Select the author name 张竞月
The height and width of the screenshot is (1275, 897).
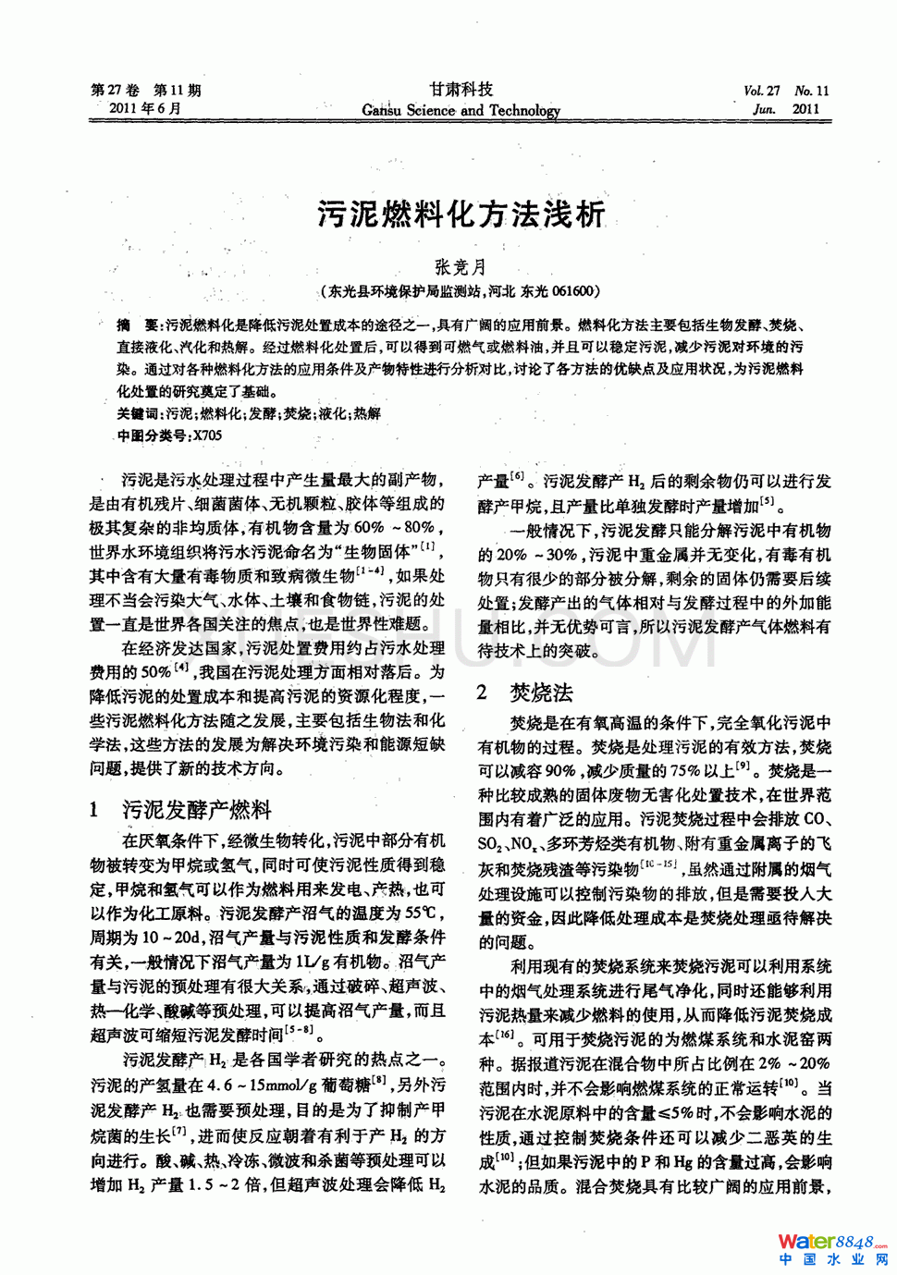tap(461, 267)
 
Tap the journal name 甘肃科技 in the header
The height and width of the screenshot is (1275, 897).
tap(461, 89)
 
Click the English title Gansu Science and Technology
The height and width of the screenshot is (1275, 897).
tap(461, 110)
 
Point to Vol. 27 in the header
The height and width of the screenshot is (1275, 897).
tap(761, 91)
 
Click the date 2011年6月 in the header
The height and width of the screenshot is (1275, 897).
tap(145, 108)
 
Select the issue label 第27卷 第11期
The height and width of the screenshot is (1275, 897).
tap(146, 90)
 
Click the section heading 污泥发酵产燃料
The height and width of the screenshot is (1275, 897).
tap(197, 810)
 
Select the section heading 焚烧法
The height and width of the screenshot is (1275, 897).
tap(541, 693)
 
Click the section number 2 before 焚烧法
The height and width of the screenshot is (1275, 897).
tap(482, 693)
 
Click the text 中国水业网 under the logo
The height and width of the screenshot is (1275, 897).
tap(832, 1259)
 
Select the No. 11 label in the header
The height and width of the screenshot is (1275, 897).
tap(811, 91)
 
